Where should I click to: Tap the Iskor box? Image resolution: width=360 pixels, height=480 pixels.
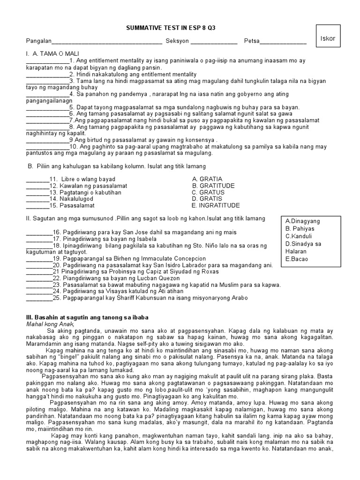click(328, 38)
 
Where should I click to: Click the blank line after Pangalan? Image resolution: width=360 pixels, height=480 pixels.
click(107, 42)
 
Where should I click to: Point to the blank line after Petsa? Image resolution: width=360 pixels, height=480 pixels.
click(283, 42)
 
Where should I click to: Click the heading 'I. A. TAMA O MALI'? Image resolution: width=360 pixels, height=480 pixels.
click(50, 54)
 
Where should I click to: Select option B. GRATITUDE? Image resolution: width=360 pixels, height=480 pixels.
click(213, 186)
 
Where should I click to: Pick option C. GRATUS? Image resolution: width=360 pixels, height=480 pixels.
click(208, 192)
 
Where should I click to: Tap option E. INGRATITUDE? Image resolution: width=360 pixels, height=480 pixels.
click(216, 205)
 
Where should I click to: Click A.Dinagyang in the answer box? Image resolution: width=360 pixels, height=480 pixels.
click(302, 221)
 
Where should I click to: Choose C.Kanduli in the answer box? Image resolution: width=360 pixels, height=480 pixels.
click(299, 236)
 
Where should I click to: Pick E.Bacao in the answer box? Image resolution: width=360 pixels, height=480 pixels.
click(297, 259)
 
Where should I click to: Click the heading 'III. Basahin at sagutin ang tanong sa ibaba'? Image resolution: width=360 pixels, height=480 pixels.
click(87, 317)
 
